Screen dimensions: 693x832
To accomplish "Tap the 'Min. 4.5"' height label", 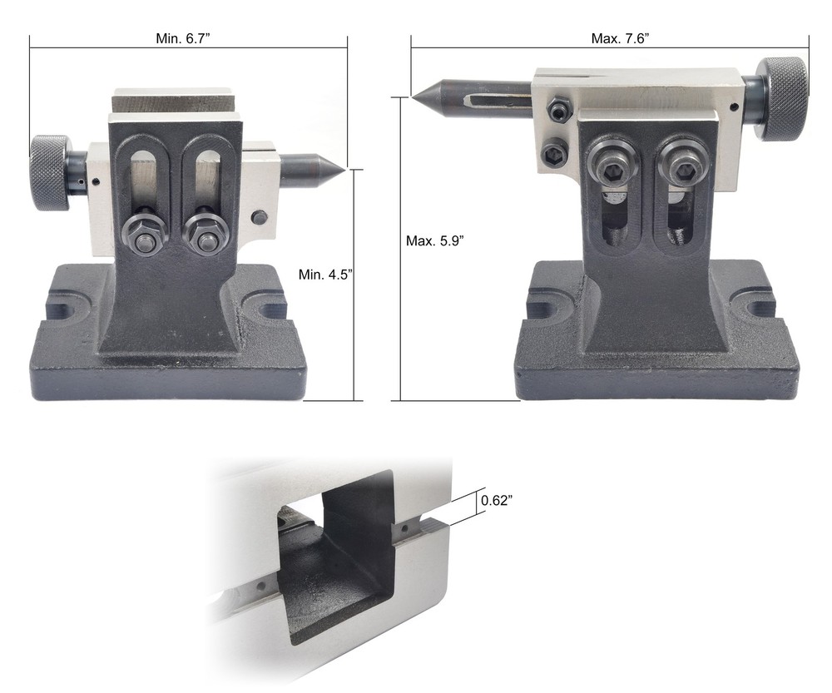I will point(325,273).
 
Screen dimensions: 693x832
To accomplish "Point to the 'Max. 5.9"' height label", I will point(434,240).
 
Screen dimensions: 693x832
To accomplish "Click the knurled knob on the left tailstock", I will point(50,172).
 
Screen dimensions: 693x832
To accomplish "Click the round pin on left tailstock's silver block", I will point(260,217).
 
